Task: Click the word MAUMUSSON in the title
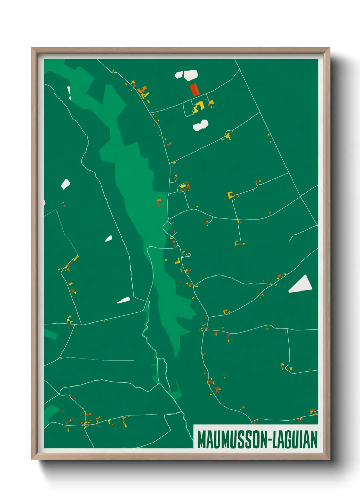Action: click(232, 440)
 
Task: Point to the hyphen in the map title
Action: click(271, 440)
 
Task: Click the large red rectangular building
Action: click(194, 90)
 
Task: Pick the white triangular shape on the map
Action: click(301, 285)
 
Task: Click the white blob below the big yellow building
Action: click(200, 125)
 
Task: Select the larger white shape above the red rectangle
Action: click(191, 75)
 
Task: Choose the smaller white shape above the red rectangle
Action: click(179, 75)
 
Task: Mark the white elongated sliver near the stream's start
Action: click(124, 300)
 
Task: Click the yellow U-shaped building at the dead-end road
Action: click(230, 195)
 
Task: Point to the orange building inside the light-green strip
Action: click(159, 202)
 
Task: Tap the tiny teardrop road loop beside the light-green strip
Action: click(188, 255)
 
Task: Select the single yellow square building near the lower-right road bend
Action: click(291, 368)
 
